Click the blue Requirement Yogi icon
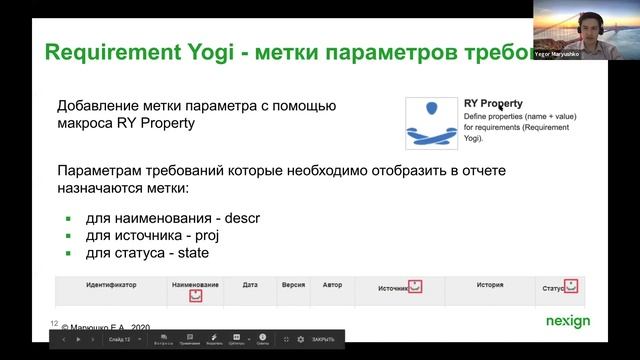click(x=431, y=122)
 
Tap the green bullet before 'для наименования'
click(x=69, y=218)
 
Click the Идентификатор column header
click(x=111, y=285)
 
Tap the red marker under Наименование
click(x=196, y=296)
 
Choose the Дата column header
click(x=250, y=285)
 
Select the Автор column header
click(x=332, y=285)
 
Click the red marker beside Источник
click(x=415, y=287)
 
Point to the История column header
click(x=489, y=285)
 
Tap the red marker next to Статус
click(x=571, y=286)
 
